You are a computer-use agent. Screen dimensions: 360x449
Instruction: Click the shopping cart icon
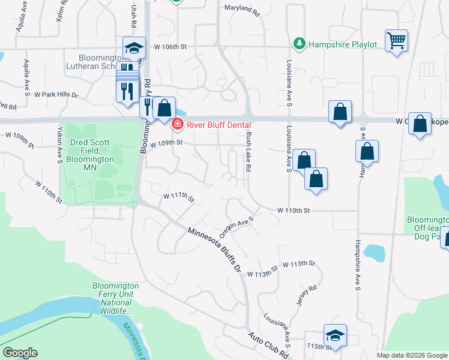[x=396, y=41]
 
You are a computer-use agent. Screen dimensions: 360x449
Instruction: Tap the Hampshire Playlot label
[x=342, y=44]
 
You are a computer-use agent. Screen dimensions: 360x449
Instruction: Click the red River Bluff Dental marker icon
[x=177, y=125]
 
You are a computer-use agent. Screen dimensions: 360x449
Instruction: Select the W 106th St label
[x=171, y=46]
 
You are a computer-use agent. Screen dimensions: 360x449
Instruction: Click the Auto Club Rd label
[x=269, y=347]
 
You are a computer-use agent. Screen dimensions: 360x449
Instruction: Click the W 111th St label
[x=179, y=197]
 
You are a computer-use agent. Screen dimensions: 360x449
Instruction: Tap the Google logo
[x=20, y=353]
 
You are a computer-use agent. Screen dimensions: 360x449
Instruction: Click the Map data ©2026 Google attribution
[x=411, y=355]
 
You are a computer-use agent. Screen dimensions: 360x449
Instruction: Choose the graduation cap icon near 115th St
[x=335, y=335]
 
